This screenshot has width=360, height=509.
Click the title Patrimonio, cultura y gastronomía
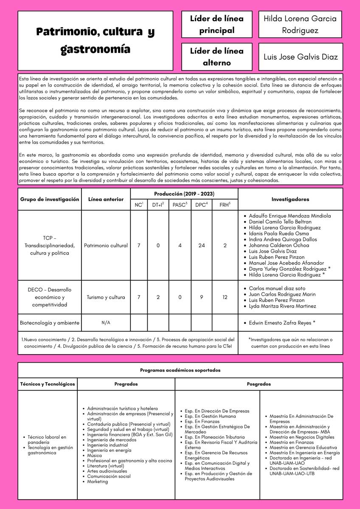tap(95, 40)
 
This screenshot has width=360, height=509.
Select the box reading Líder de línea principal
tap(217, 24)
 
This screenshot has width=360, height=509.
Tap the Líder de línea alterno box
tap(217, 56)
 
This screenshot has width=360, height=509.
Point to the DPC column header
tap(201, 205)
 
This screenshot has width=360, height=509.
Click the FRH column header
tap(225, 205)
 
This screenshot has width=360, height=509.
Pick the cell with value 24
tap(202, 245)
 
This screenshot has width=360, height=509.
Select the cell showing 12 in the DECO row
tap(225, 297)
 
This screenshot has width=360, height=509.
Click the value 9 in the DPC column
tap(202, 297)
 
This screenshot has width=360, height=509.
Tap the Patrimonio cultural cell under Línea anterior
tap(106, 245)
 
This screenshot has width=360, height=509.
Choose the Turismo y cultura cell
tap(106, 297)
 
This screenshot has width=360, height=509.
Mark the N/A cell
tap(106, 323)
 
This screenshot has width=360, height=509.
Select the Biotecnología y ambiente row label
tap(50, 323)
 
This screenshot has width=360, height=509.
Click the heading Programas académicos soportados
tap(180, 370)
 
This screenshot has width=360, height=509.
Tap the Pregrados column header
tap(126, 384)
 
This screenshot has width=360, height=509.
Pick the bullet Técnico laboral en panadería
tap(47, 439)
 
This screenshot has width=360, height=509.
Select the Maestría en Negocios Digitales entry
tap(302, 437)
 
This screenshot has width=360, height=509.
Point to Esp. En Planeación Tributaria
tap(214, 437)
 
